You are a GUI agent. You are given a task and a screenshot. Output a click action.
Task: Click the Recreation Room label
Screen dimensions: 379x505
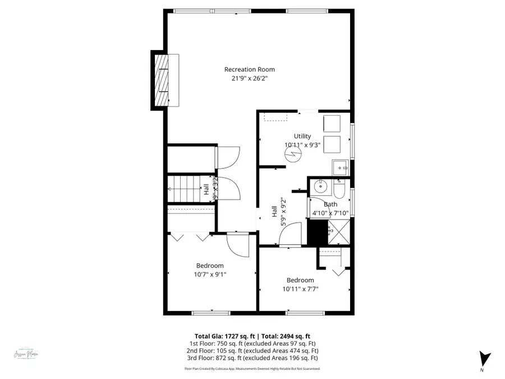coord(249,70)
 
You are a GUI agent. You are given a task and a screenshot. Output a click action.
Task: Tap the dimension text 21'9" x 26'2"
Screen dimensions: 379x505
coord(249,79)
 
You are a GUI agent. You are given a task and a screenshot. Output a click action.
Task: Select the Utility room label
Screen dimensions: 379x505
coord(302,136)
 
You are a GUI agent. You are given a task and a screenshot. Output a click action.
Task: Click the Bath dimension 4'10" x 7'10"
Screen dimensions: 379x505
coord(330,213)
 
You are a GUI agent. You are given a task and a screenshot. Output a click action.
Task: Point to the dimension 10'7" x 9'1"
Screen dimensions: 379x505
coord(210,275)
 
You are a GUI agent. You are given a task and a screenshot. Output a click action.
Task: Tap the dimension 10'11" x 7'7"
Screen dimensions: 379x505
coord(300,289)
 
